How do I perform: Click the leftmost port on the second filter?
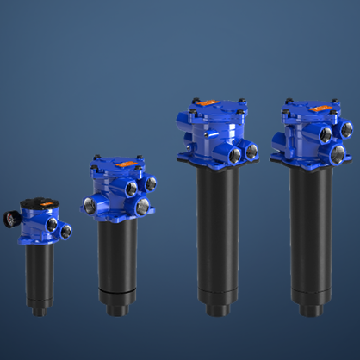pos(87,205)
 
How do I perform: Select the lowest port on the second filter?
pos(143,206)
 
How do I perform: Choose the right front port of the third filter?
pos(251,151)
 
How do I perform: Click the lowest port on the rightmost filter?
pos(338,154)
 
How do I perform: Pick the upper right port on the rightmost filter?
pos(346,129)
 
